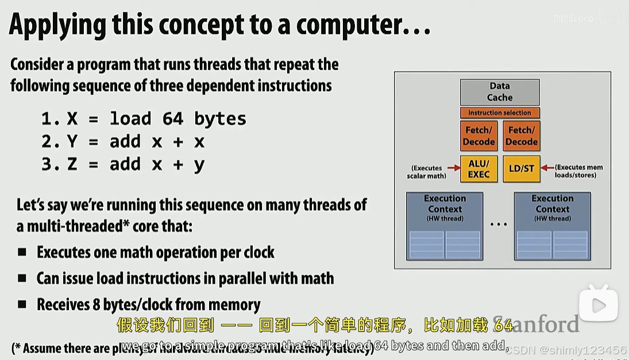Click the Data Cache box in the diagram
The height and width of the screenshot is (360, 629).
pos(500,92)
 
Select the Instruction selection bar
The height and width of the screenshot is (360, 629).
pos(500,113)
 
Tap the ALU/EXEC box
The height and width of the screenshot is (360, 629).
pos(478,168)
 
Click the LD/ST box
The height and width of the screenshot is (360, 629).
pos(522,168)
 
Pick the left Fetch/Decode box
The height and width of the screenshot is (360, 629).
pos(478,136)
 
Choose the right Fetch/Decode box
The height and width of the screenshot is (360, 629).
pos(522,136)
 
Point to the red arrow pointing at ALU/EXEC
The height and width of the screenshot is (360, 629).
pos(453,168)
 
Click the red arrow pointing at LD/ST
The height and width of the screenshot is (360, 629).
pos(547,168)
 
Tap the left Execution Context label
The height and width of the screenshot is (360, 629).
pos(445,204)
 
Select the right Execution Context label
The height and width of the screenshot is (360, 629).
pos(552,204)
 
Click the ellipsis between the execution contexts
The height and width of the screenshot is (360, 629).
pos(499,224)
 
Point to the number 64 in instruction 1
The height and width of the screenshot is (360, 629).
pos(172,119)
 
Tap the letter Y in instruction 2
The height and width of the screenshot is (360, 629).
pos(72,142)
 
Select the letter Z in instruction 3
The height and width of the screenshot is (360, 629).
pos(72,165)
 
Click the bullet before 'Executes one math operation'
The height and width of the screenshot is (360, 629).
pos(22,252)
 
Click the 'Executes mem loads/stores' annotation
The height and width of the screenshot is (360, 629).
pos(578,171)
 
